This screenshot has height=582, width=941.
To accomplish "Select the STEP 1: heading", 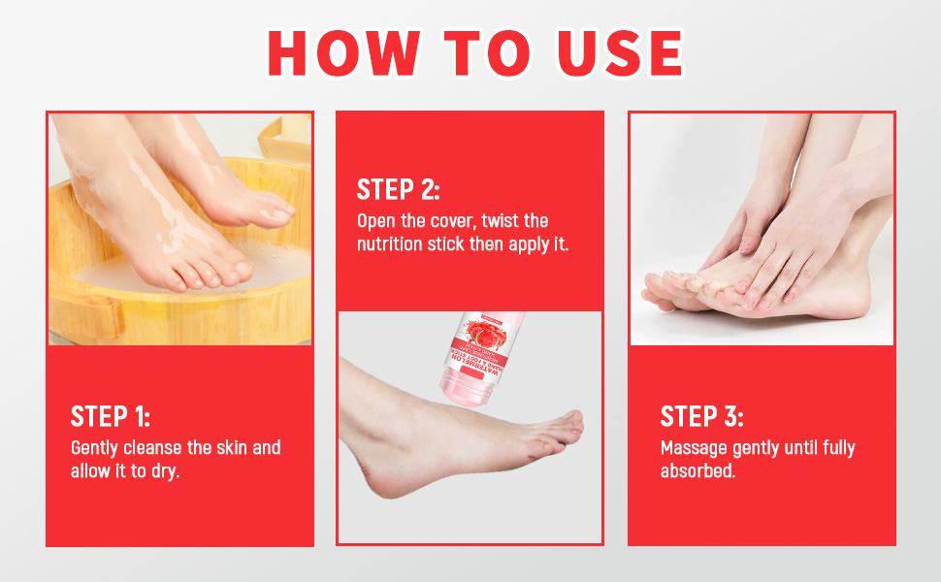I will click(110, 417).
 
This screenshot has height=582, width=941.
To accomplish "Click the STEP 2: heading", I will click(398, 189).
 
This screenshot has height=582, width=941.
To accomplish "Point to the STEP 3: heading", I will click(701, 417).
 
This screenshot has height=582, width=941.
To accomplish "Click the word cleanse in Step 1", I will click(151, 448).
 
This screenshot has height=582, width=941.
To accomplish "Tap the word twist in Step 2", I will click(500, 220).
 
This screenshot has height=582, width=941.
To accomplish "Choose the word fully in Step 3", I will click(834, 448).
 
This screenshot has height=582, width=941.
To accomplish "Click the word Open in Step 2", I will click(375, 220).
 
